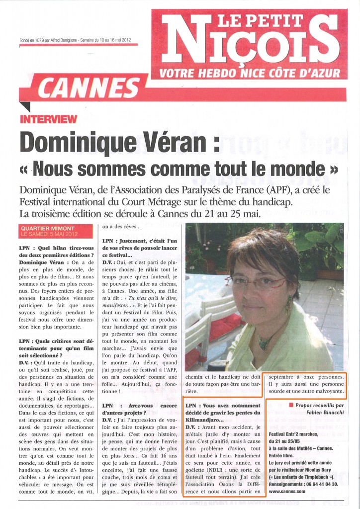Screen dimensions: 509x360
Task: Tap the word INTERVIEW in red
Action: [48, 119]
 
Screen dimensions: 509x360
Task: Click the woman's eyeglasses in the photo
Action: [259, 283]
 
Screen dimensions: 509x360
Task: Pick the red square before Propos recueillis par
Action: [291, 405]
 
